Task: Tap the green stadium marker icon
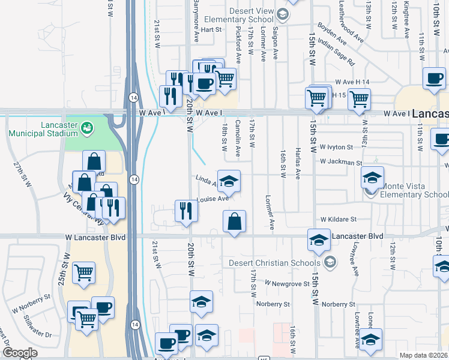click(x=88, y=127)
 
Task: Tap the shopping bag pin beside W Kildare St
click(x=234, y=221)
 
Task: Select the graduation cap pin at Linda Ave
click(x=228, y=181)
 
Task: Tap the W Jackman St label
click(x=340, y=162)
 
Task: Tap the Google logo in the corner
click(x=20, y=353)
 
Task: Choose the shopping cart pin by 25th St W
click(x=83, y=273)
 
